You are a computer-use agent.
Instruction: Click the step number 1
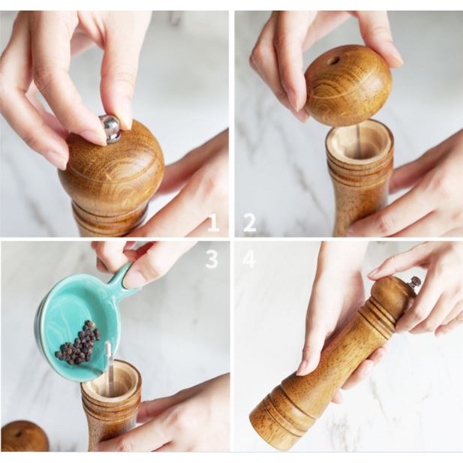point(213,223)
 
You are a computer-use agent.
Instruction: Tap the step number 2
point(250,223)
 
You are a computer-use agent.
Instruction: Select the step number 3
point(212,259)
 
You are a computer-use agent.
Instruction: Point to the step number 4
point(249,259)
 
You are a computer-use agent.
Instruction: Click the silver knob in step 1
point(110,128)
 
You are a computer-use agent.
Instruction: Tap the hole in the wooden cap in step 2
point(334,61)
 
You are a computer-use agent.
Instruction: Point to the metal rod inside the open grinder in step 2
point(358,142)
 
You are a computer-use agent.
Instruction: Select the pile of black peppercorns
point(79,342)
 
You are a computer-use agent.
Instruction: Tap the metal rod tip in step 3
point(108,345)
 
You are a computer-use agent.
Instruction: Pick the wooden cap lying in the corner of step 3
point(24,436)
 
